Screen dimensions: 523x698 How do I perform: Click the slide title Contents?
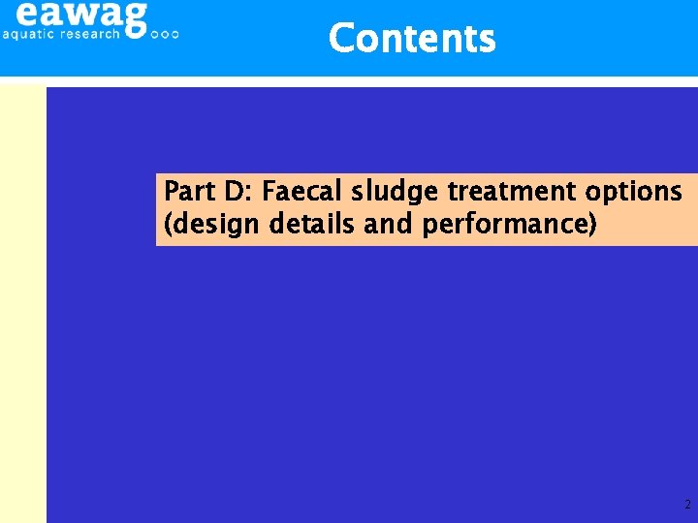pyautogui.click(x=412, y=39)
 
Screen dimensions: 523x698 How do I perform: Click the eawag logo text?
pyautogui.click(x=82, y=14)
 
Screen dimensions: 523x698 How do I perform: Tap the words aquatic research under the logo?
pyautogui.click(x=61, y=34)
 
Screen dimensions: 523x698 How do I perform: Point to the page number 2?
pyautogui.click(x=687, y=505)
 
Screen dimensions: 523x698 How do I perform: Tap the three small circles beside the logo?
pyautogui.click(x=166, y=34)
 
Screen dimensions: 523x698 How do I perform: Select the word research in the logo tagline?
pyautogui.click(x=91, y=34)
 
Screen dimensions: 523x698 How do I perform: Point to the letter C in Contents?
pyautogui.click(x=341, y=39)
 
